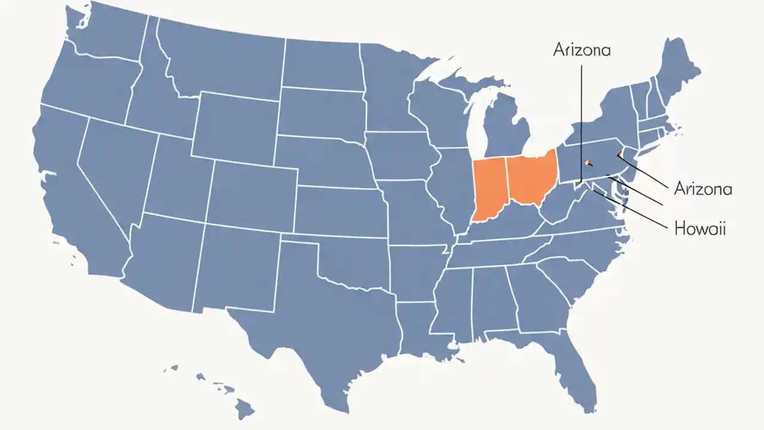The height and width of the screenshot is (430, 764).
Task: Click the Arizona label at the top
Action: click(x=582, y=50)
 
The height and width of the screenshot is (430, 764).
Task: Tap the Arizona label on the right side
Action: click(x=703, y=189)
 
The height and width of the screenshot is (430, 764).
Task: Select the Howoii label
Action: click(x=700, y=228)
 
